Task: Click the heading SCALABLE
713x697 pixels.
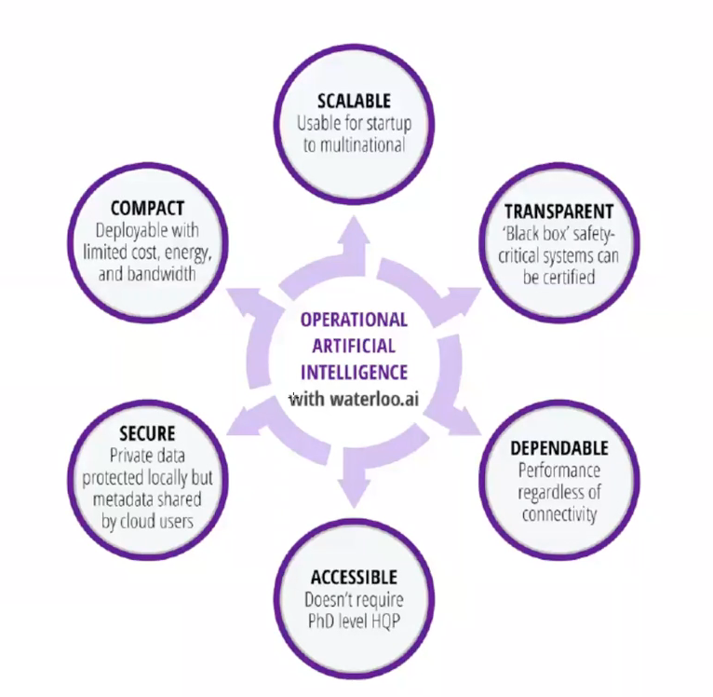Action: [x=355, y=100]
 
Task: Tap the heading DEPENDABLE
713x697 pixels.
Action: [x=559, y=448]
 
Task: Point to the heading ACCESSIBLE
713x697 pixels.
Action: [x=354, y=577]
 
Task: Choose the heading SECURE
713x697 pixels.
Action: [x=147, y=434]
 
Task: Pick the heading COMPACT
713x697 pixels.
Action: [x=148, y=209]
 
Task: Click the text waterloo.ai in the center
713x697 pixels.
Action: [x=372, y=400]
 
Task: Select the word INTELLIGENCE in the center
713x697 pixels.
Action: [x=354, y=372]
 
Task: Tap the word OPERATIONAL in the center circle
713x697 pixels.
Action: [x=354, y=319]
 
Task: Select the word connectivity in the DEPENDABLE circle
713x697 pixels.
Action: [x=558, y=514]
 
